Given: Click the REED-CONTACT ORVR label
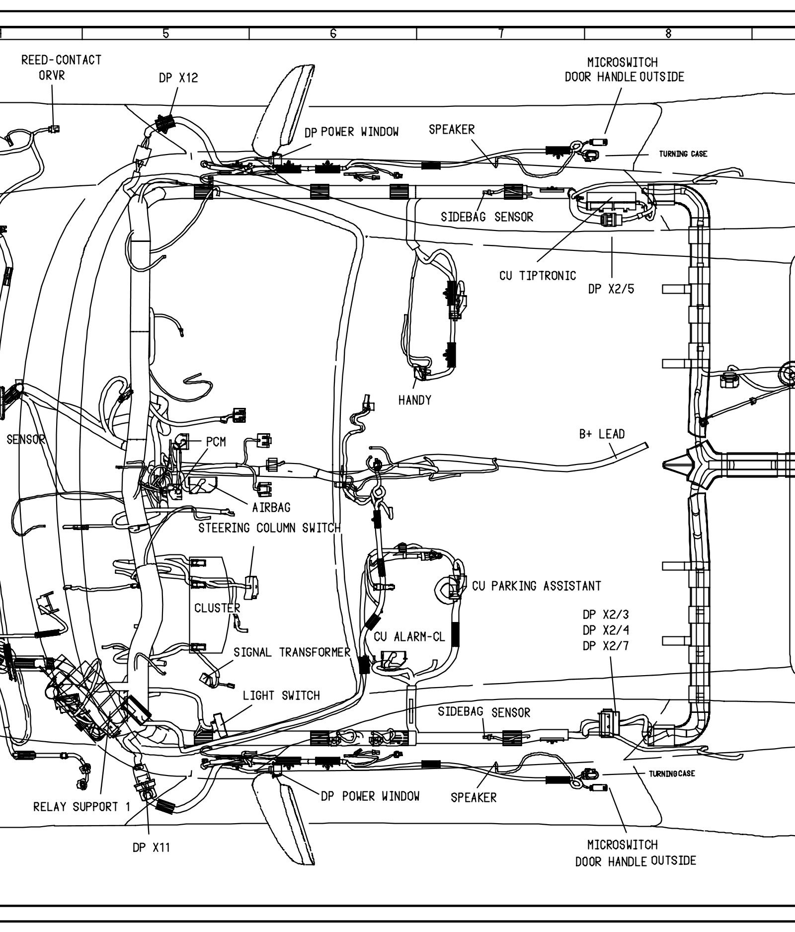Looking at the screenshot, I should pyautogui.click(x=61, y=68).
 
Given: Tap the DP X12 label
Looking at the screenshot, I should pyautogui.click(x=178, y=78).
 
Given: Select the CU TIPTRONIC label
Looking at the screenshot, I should pyautogui.click(x=538, y=275).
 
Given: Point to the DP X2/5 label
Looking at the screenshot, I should pyautogui.click(x=611, y=289).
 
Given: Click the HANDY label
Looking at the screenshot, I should pyautogui.click(x=415, y=400).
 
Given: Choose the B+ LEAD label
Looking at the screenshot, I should pyautogui.click(x=602, y=434).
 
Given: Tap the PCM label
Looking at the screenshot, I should pyautogui.click(x=216, y=442).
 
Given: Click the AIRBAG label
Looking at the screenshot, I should pyautogui.click(x=271, y=507).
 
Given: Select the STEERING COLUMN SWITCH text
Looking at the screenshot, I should pyautogui.click(x=270, y=528).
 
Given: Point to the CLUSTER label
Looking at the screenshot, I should pyautogui.click(x=217, y=608).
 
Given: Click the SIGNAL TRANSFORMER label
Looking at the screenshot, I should pyautogui.click(x=292, y=652).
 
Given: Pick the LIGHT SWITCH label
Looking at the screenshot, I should pyautogui.click(x=281, y=696).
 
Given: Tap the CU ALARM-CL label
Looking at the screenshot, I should pyautogui.click(x=409, y=636).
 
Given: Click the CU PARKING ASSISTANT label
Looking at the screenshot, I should pyautogui.click(x=537, y=586).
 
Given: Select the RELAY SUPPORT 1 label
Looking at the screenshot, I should pyautogui.click(x=81, y=806).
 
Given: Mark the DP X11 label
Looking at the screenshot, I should pyautogui.click(x=151, y=848).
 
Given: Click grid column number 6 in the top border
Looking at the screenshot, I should pyautogui.click(x=333, y=33).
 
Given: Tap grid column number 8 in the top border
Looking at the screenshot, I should pyautogui.click(x=668, y=33).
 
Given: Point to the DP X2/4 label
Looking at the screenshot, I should pyautogui.click(x=606, y=630).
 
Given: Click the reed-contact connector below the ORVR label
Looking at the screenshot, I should pyautogui.click(x=54, y=129).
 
